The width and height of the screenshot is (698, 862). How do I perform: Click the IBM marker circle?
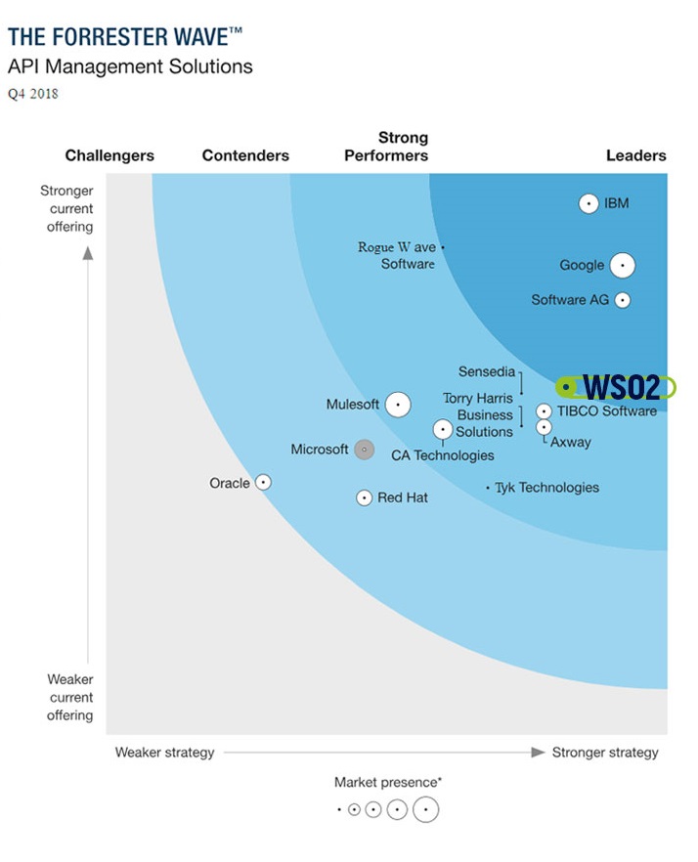coord(589,203)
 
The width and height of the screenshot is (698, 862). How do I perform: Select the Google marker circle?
coord(622,265)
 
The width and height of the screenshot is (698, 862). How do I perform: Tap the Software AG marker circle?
coord(622,300)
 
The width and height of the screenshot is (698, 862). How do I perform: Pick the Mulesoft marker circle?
coord(397,404)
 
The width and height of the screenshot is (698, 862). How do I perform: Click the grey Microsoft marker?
coord(364,450)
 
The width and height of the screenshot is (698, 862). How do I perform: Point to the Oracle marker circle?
coord(262,483)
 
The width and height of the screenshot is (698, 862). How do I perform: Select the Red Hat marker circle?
coord(364,497)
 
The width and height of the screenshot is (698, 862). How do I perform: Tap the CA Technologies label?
coord(442,455)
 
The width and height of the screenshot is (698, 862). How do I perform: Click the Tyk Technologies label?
coord(546,488)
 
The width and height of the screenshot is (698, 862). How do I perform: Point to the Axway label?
coord(571,443)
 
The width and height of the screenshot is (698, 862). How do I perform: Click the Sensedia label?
coord(486,372)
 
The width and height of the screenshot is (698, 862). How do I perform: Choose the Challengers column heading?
coord(109,155)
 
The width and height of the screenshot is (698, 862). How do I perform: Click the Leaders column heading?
coord(635,155)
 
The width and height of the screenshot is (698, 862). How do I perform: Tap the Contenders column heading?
coord(245,155)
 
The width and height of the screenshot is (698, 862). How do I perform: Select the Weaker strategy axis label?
coord(164,753)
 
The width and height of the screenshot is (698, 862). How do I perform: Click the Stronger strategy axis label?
coord(605,753)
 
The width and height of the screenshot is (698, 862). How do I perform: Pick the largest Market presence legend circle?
coord(426,810)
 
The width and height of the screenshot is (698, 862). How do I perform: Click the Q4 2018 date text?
coord(35,95)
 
